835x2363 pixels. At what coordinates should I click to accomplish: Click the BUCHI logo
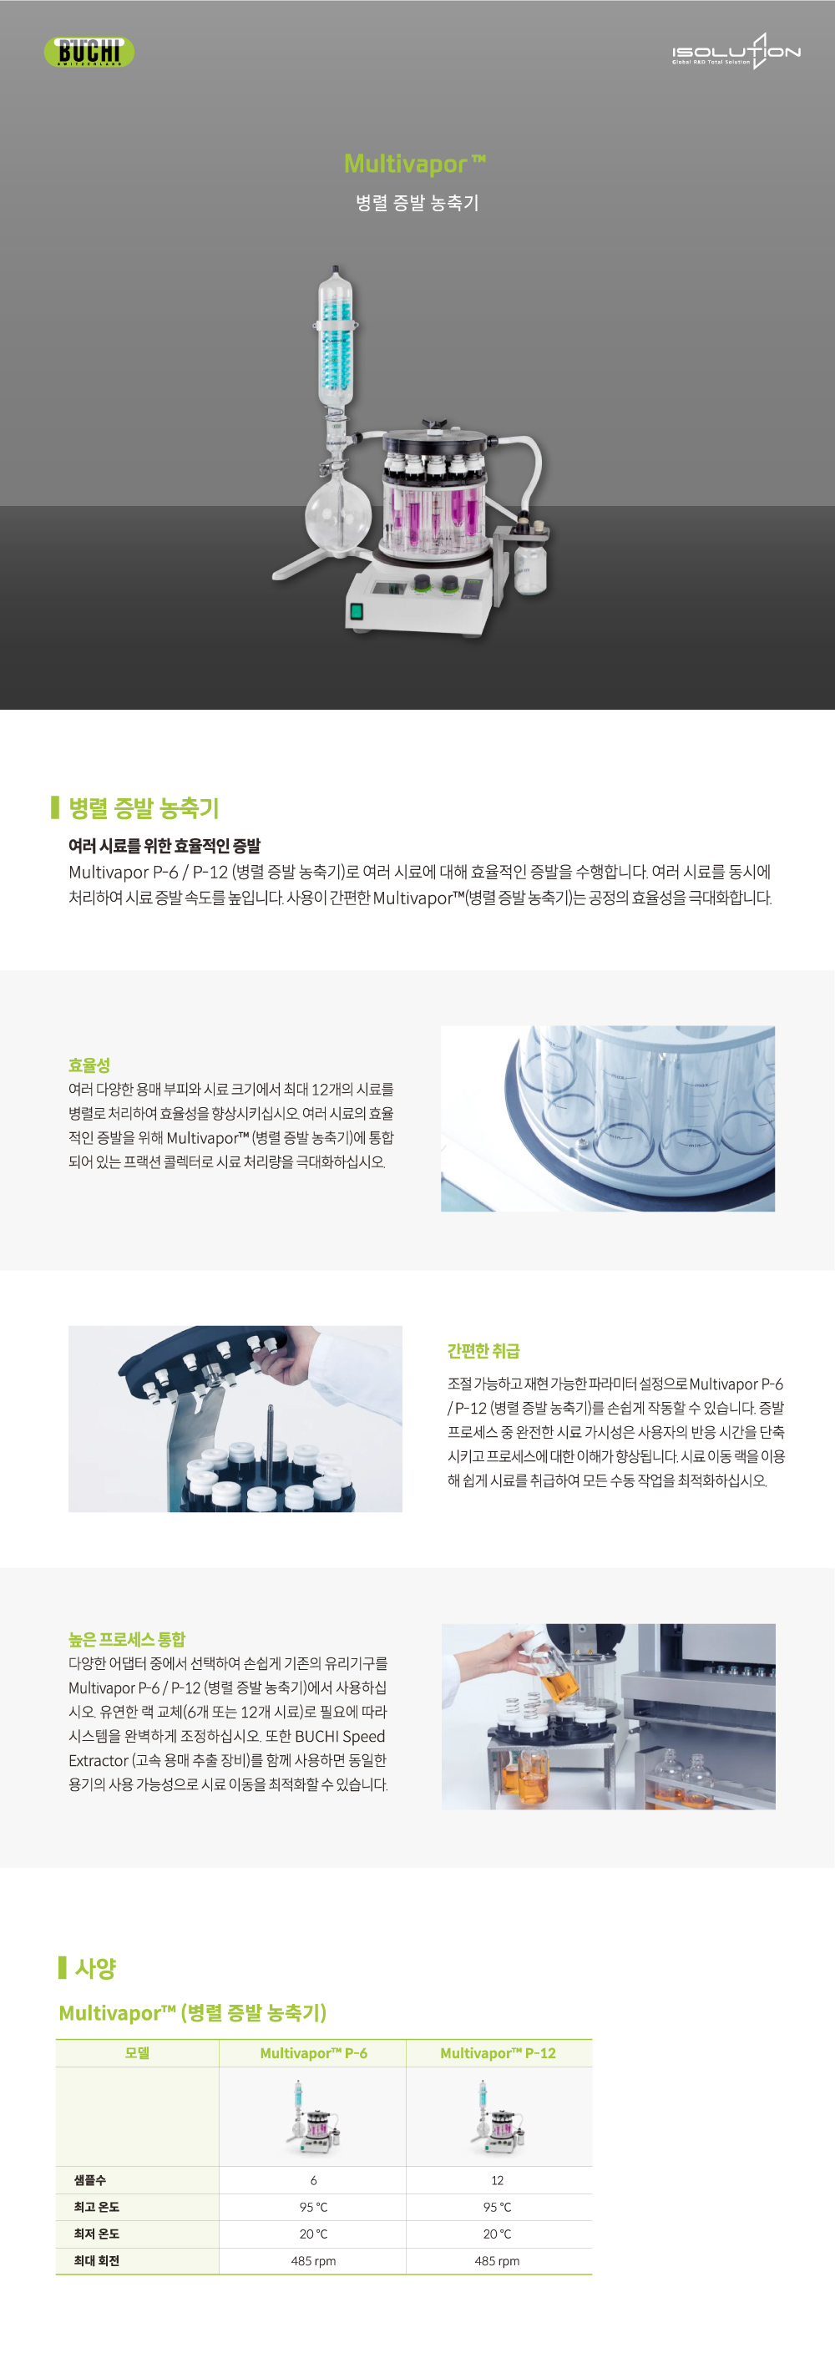click(89, 52)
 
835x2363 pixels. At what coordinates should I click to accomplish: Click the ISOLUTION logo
click(735, 53)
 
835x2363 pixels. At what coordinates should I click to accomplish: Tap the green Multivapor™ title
click(415, 164)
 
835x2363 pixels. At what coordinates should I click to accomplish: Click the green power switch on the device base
click(357, 610)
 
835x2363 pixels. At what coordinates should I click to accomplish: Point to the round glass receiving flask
click(337, 514)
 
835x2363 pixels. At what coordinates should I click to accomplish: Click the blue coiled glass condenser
click(336, 344)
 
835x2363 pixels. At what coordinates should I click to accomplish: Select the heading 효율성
click(89, 1065)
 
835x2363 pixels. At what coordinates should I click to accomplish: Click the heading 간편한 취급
click(483, 1350)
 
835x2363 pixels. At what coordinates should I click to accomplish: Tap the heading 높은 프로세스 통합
click(127, 1638)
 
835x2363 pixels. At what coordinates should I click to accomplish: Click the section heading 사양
click(94, 1968)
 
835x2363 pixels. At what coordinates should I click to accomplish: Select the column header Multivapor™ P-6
click(313, 2053)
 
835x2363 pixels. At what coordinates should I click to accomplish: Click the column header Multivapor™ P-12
click(498, 2053)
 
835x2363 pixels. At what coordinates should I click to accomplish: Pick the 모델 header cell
click(137, 2053)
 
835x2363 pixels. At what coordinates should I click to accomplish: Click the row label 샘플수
click(90, 2179)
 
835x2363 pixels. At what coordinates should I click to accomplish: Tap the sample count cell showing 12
click(498, 2180)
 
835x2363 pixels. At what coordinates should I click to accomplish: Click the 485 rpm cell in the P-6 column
click(313, 2260)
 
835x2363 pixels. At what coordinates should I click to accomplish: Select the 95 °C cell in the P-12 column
click(498, 2207)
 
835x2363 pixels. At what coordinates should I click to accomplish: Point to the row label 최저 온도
click(96, 2234)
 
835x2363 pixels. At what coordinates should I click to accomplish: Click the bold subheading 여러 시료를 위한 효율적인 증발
click(164, 846)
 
